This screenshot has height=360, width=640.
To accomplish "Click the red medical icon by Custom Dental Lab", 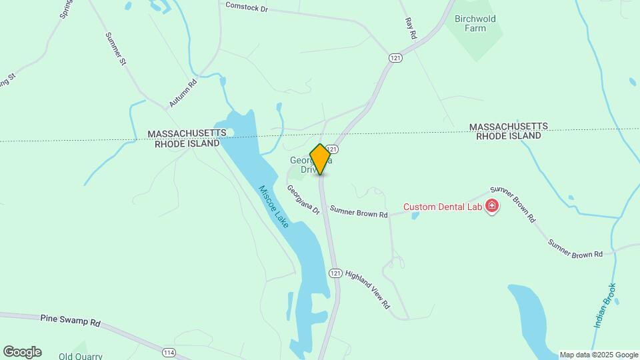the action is pyautogui.click(x=492, y=205).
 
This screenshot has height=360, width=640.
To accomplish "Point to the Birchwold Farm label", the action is pyautogui.click(x=475, y=24).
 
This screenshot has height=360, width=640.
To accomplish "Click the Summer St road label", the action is pyautogui.click(x=116, y=49).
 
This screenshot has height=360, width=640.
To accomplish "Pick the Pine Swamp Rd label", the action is pyautogui.click(x=70, y=321).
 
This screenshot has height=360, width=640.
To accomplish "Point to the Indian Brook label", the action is pyautogui.click(x=605, y=306).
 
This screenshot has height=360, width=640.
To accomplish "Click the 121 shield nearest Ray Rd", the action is pyautogui.click(x=396, y=59).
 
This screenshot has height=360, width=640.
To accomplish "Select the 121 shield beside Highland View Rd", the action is pyautogui.click(x=335, y=273).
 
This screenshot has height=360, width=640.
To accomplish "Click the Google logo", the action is pyautogui.click(x=22, y=352).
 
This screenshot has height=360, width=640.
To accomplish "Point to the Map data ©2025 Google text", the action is pyautogui.click(x=599, y=355).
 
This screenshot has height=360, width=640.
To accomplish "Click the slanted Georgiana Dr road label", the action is pyautogui.click(x=303, y=199).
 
